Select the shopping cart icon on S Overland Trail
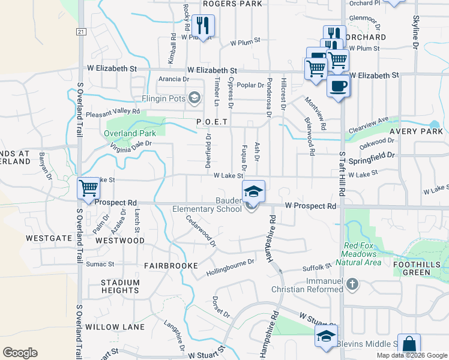coord(89,188)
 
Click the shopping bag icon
coord(409,344)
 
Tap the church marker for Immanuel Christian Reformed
coord(352,284)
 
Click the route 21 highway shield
coord(81,31)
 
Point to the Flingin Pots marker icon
coord(194,97)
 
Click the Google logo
coord(20,353)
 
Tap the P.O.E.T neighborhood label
coord(212,122)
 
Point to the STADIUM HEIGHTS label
coord(120,287)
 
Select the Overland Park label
coord(130,133)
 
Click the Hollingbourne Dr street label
coord(230,267)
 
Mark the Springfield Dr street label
coord(374,155)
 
